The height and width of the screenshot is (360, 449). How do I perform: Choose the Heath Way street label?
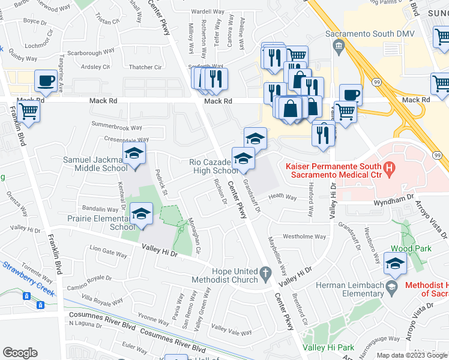[282, 196]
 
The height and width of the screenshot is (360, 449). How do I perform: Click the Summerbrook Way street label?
[116, 127]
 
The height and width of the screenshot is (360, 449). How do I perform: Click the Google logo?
[20, 353]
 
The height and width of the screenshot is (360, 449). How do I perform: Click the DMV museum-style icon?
[339, 46]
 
